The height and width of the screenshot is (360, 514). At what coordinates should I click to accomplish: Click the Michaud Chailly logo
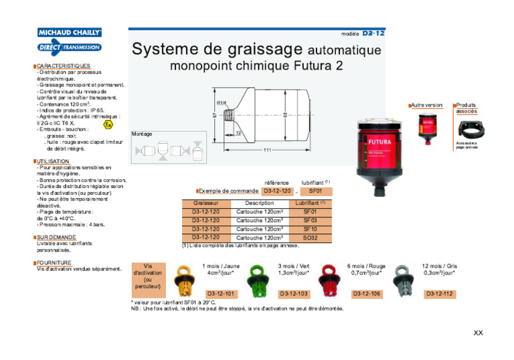pos(70,32)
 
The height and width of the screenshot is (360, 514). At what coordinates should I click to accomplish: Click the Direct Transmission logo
pos(70,47)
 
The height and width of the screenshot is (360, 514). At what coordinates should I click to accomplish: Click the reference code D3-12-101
pos(220,294)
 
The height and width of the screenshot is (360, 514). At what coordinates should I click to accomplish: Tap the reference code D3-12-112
pos(439,294)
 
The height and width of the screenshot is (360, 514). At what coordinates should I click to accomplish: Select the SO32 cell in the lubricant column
pos(310,238)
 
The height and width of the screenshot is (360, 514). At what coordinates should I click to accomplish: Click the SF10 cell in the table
pos(310,229)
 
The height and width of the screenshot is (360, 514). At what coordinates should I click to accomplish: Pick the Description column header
pos(259,203)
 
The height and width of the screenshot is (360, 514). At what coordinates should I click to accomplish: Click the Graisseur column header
pos(205,203)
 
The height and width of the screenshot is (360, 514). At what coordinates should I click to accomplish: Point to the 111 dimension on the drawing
pos(267,150)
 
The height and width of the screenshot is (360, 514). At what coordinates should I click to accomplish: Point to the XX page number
pos(478,333)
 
